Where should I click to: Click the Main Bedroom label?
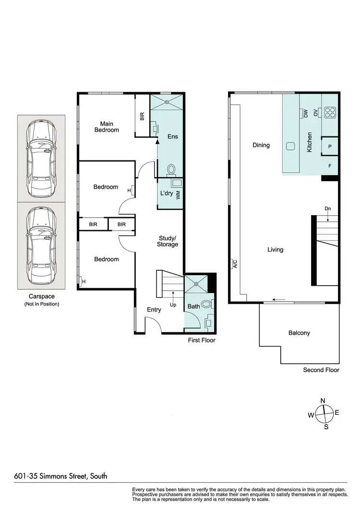tap(107, 127)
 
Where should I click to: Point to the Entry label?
tap(154, 310)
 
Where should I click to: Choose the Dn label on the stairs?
tap(328, 208)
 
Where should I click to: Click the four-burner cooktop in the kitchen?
tap(330, 112)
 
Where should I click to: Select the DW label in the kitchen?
tap(305, 113)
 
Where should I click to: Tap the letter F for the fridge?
tap(330, 166)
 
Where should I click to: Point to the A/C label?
tap(235, 264)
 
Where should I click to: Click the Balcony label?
tap(299, 333)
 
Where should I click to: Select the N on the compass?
tap(323, 401)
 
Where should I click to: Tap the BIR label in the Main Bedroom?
tap(142, 116)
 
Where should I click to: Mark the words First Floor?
tap(202, 340)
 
